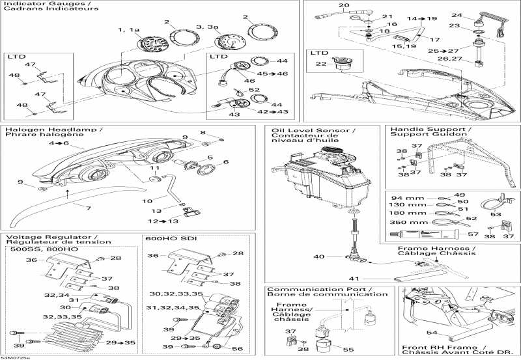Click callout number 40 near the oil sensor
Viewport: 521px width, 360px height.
coord(319,256)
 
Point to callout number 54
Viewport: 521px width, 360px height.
coord(432,333)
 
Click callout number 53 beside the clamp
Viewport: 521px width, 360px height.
coord(496,214)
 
